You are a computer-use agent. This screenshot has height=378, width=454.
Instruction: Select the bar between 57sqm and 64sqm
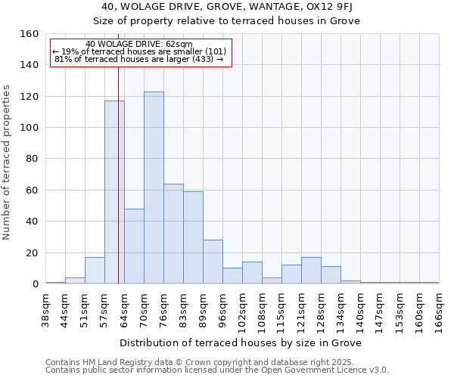(x=114, y=192)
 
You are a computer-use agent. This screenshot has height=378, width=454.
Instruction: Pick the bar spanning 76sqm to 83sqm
(x=173, y=234)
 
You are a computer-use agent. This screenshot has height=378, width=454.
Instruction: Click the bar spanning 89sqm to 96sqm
(x=213, y=262)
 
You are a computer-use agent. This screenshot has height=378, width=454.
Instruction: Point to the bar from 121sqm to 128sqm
(x=311, y=271)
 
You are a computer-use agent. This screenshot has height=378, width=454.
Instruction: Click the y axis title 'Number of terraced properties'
(x=8, y=163)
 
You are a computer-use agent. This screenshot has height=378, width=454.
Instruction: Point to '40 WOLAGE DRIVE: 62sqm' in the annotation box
(x=139, y=44)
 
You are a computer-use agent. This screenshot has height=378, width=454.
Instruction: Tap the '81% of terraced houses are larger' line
(x=139, y=59)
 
